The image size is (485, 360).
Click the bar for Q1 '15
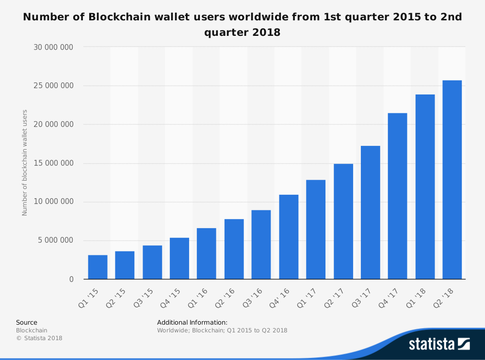97,267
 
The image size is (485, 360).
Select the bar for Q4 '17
398,196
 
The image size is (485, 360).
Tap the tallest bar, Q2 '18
452,180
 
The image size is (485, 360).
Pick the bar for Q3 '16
261,245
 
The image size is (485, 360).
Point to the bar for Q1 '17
316,230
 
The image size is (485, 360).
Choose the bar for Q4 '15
179,258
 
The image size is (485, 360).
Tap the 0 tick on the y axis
71,280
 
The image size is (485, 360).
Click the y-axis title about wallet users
25,163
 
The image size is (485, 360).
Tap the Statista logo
439,344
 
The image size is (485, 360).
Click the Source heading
27,322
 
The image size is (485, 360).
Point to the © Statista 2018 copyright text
39,338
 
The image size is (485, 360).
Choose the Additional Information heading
192,322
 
